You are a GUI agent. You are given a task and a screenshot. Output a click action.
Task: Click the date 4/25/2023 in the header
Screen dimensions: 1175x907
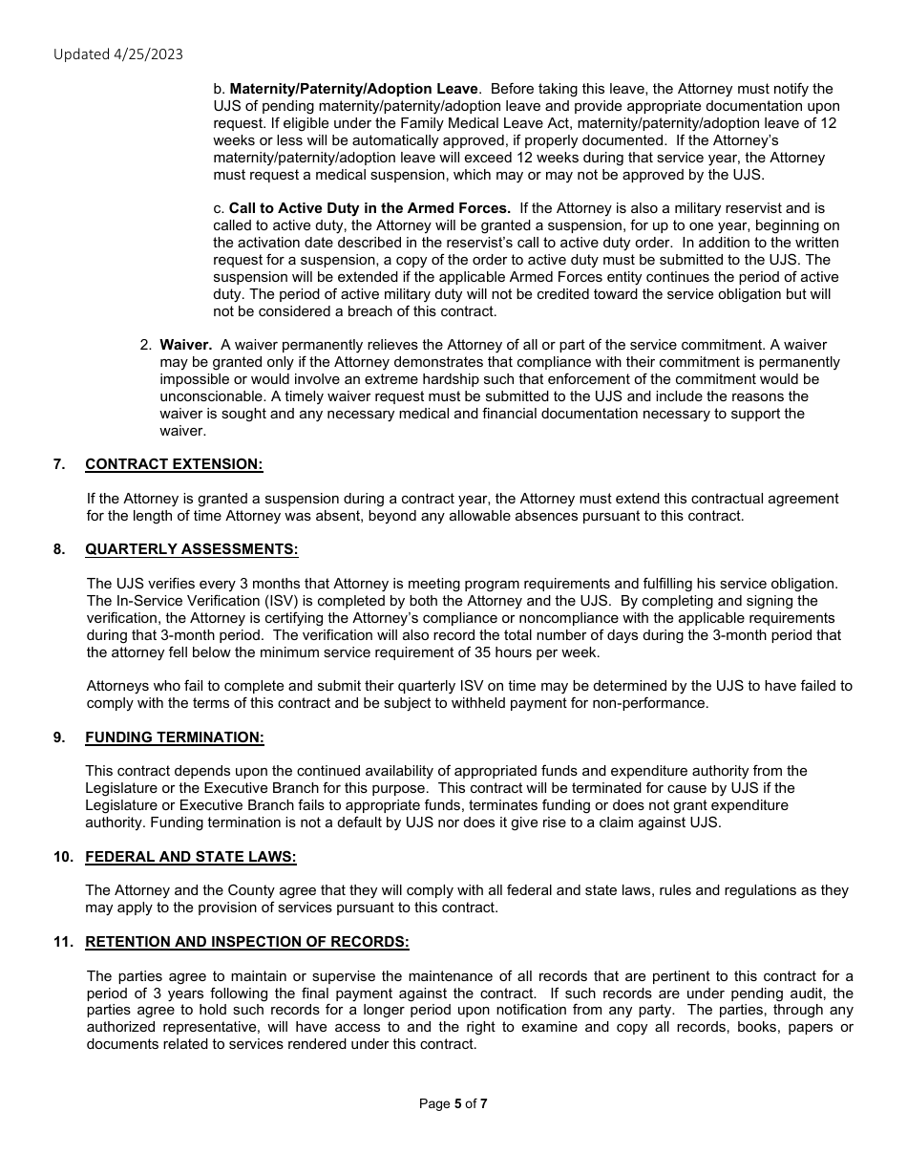pyautogui.click(x=148, y=54)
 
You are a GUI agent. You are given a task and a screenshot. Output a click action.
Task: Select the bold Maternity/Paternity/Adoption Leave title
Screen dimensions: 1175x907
pyautogui.click(x=354, y=89)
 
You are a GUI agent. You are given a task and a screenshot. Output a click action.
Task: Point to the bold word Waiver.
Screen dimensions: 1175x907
pyautogui.click(x=185, y=345)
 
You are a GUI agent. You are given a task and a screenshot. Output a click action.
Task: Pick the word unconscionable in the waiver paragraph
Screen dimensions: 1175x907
pyautogui.click(x=212, y=396)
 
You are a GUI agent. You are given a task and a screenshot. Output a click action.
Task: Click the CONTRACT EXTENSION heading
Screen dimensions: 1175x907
pyautogui.click(x=174, y=464)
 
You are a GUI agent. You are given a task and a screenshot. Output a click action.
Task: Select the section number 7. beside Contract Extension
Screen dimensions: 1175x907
pyautogui.click(x=59, y=464)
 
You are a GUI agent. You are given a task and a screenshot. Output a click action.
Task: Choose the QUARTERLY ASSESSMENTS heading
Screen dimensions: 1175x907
pyautogui.click(x=191, y=549)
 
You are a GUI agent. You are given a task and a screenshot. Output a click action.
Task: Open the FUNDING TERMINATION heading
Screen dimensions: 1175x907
pyautogui.click(x=175, y=737)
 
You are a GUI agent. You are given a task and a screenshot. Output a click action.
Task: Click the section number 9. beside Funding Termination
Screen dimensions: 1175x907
pyautogui.click(x=59, y=737)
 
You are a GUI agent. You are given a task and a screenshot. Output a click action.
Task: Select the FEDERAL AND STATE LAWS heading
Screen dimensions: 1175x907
pyautogui.click(x=191, y=857)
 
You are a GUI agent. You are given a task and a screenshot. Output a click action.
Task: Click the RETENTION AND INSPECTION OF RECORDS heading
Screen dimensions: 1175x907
pyautogui.click(x=247, y=942)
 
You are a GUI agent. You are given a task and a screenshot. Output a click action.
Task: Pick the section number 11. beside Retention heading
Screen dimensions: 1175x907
pyautogui.click(x=63, y=942)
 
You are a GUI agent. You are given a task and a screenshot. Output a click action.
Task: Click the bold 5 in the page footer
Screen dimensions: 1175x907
pyautogui.click(x=457, y=1103)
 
